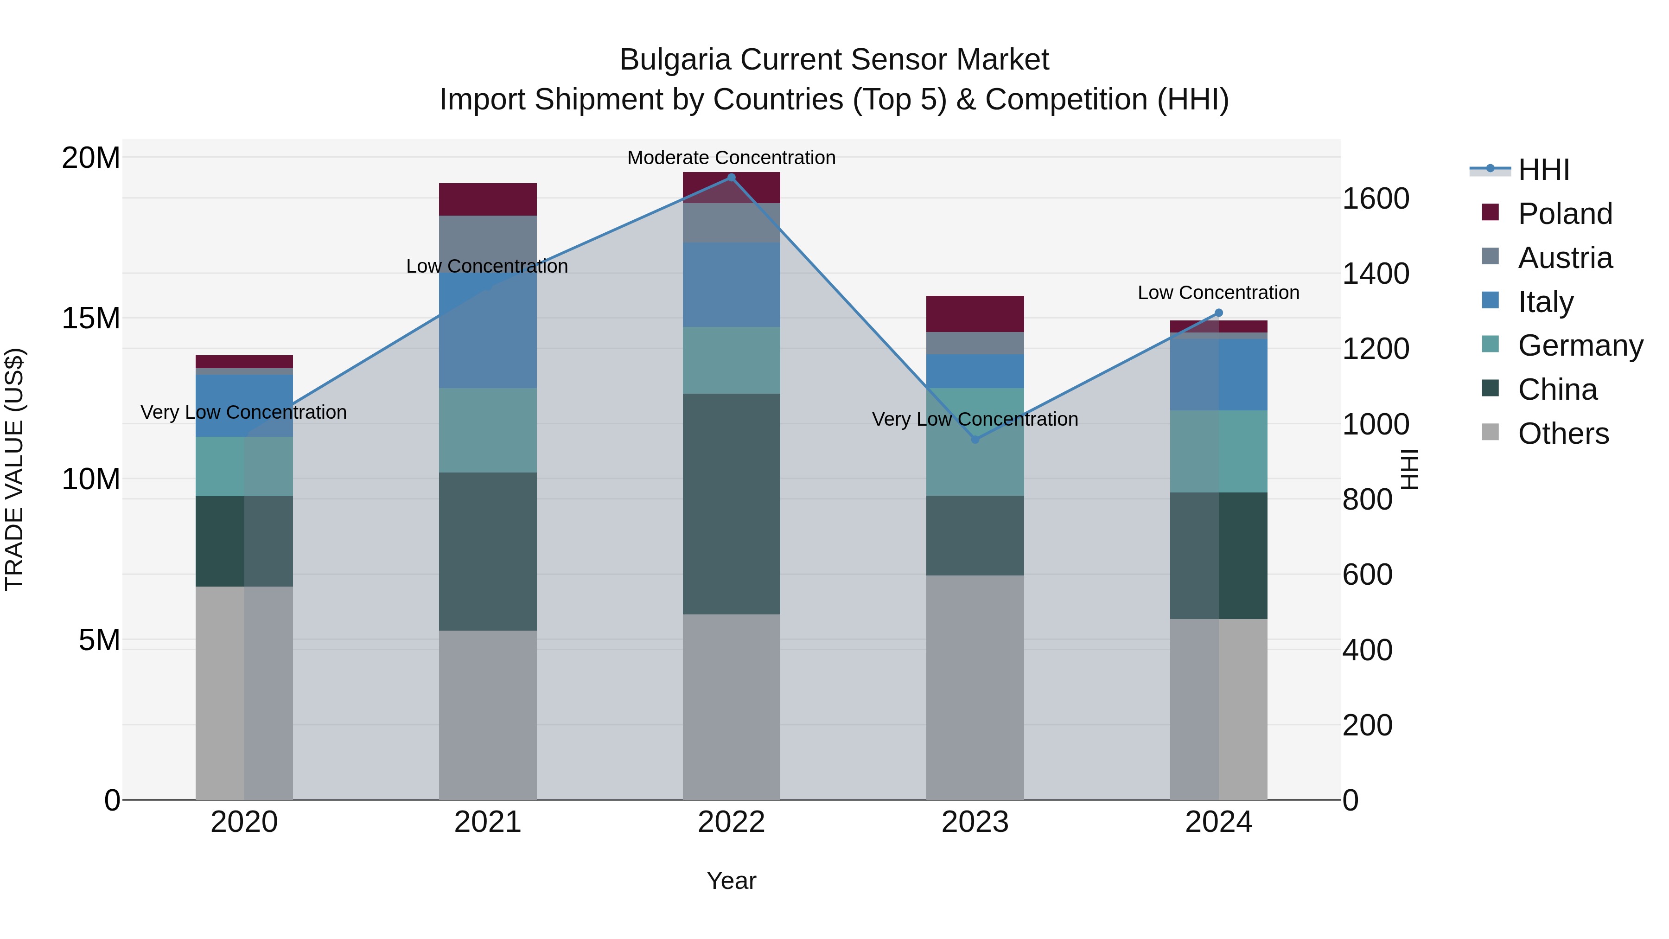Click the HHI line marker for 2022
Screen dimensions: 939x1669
coord(732,178)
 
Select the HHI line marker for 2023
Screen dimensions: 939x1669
coord(975,440)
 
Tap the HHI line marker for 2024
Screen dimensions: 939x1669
coord(1219,313)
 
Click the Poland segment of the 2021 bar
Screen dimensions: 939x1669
coord(488,199)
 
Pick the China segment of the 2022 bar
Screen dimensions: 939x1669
coord(732,504)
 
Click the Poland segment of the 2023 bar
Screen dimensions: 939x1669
coord(975,314)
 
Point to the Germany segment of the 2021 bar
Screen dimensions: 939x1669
coord(488,430)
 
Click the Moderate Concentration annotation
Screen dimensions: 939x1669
coord(732,158)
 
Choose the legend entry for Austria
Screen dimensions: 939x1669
coord(1565,258)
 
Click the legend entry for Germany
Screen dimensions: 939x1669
coord(1580,345)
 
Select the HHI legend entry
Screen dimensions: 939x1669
coord(1543,170)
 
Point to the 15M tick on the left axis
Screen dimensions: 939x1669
coord(91,318)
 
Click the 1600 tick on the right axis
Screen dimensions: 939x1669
coord(1375,198)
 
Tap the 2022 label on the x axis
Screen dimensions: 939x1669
coord(732,822)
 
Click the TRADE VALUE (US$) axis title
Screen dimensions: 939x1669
coord(14,469)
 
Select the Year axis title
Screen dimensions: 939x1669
coord(732,881)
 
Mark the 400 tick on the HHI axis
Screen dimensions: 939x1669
coord(1367,650)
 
